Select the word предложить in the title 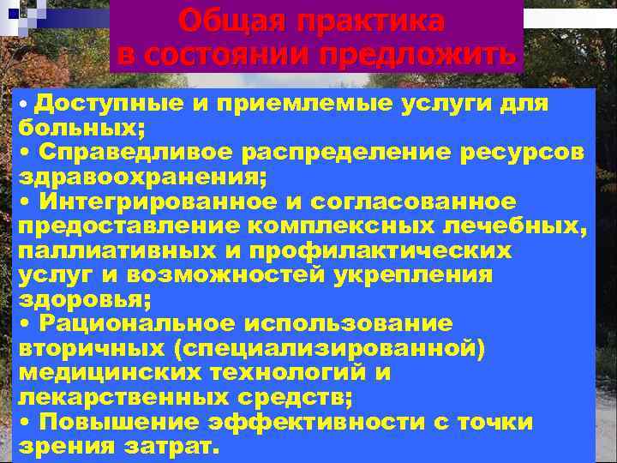tap(417, 54)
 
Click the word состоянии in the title tap(224, 54)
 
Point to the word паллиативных tap(118, 251)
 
